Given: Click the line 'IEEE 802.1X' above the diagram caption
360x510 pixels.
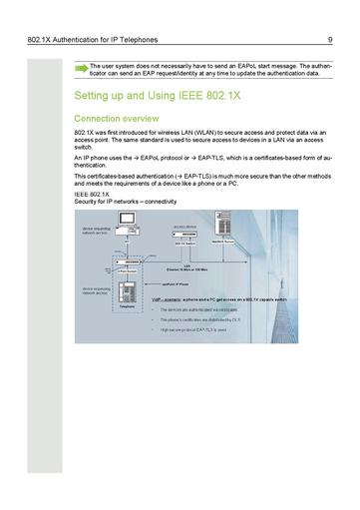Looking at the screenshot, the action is [x=92, y=194].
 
